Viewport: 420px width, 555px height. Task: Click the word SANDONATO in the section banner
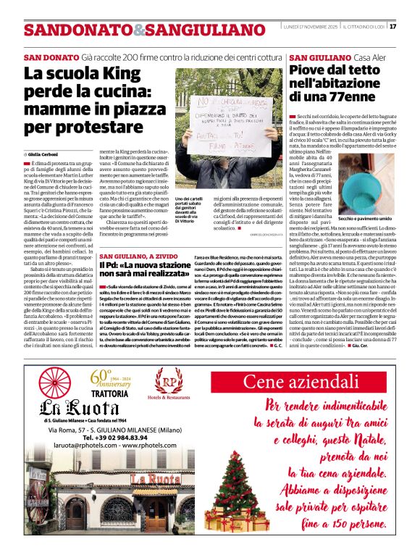pos(67,30)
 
